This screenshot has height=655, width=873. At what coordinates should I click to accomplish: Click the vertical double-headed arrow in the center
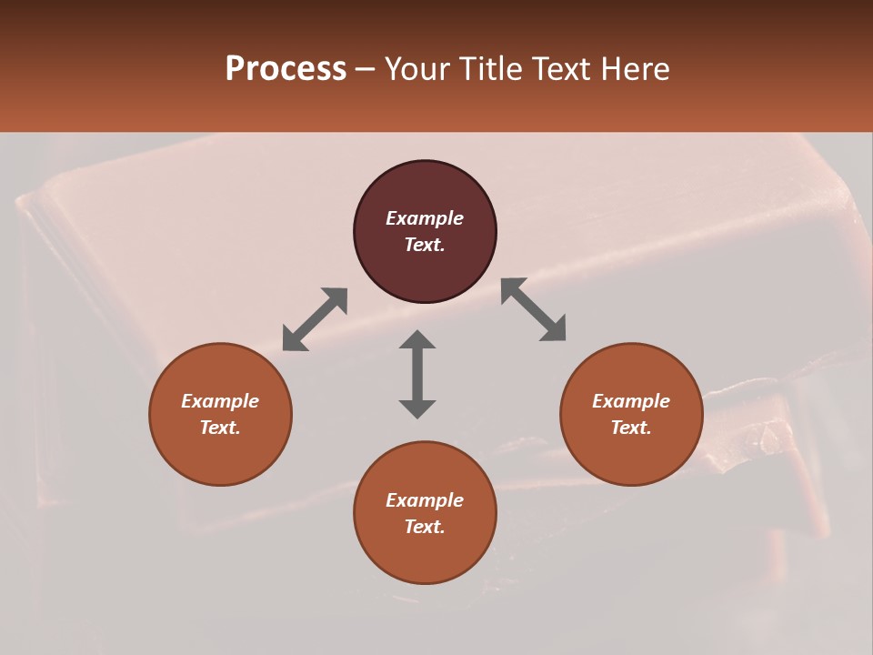pyautogui.click(x=417, y=374)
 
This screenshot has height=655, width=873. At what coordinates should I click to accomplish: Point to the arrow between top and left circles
pyautogui.click(x=315, y=319)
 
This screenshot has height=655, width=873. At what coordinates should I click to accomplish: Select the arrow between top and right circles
pyautogui.click(x=534, y=309)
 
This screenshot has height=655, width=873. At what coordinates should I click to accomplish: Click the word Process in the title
pyautogui.click(x=286, y=68)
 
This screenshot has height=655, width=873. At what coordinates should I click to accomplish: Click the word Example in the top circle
pyautogui.click(x=425, y=218)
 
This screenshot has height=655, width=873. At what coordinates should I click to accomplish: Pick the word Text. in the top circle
pyautogui.click(x=425, y=245)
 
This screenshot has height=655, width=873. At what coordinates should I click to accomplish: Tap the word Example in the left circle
pyautogui.click(x=220, y=401)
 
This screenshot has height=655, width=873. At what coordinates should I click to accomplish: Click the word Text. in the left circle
pyautogui.click(x=220, y=428)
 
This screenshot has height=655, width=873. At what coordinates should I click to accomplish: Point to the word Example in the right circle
pyautogui.click(x=631, y=401)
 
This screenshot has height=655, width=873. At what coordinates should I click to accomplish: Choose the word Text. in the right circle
pyautogui.click(x=631, y=428)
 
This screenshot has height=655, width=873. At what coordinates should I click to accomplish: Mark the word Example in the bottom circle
pyautogui.click(x=425, y=500)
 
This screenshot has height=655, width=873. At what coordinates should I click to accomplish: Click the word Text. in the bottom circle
pyautogui.click(x=425, y=527)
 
